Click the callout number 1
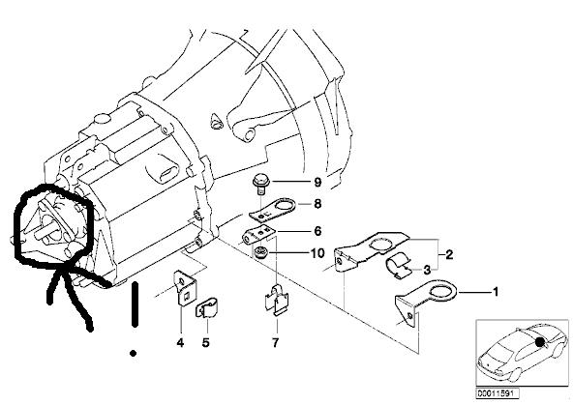[496, 292]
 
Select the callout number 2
[449, 254]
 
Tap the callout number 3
[427, 271]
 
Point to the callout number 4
[180, 343]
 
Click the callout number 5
[206, 343]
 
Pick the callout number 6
[317, 231]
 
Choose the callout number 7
[275, 342]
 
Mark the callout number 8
[317, 204]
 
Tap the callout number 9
[317, 182]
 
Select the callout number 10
[317, 253]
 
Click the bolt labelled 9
[259, 185]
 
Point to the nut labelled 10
[260, 251]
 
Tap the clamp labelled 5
[206, 308]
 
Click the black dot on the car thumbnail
[540, 342]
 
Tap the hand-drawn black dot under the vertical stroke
[133, 353]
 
